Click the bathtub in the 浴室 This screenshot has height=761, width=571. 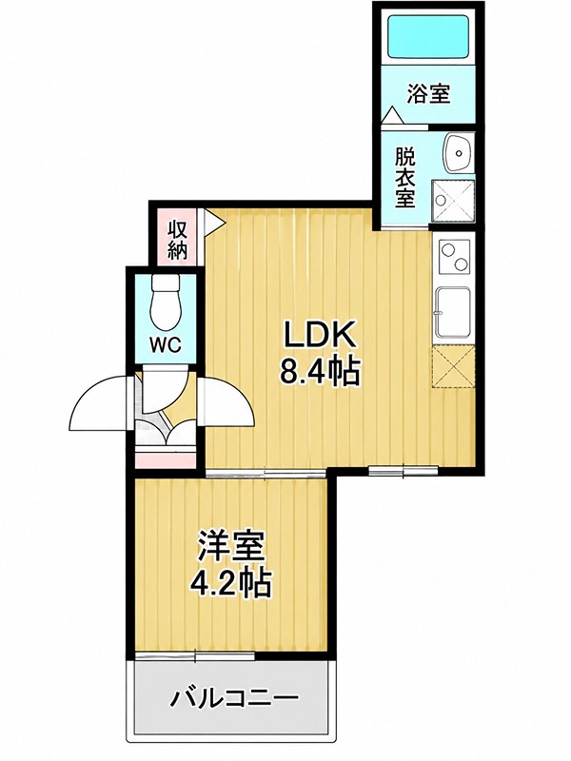429,36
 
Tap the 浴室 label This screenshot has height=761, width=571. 429,93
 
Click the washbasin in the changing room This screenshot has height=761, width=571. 458,152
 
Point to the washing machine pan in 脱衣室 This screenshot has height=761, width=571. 453,201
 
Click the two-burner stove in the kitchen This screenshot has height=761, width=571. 454,257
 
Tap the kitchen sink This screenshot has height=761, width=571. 453,312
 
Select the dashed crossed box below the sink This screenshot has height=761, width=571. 453,366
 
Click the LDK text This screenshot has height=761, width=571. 320,335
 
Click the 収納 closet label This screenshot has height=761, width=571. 177,239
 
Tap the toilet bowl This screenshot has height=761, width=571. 166,302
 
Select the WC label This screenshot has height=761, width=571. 165,345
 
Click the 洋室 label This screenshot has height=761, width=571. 230,548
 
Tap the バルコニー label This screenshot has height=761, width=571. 233,699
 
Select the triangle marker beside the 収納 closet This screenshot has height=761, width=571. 213,223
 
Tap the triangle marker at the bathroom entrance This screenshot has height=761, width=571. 392,116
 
